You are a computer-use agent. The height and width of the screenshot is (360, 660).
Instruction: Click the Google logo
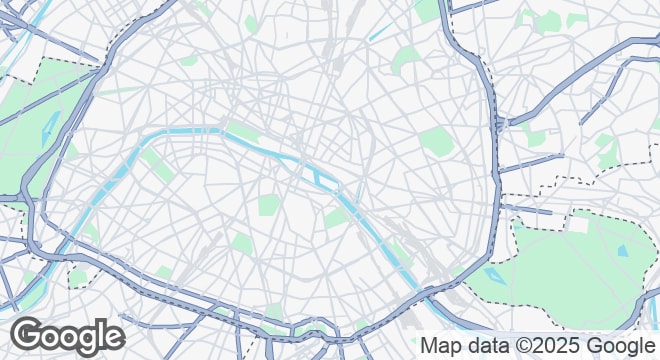(x=68, y=335)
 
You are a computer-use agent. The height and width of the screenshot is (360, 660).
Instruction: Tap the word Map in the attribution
(x=442, y=346)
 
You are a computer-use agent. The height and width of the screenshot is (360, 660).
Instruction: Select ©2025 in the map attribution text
(x=547, y=346)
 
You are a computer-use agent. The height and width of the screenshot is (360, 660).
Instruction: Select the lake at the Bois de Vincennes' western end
(x=493, y=272)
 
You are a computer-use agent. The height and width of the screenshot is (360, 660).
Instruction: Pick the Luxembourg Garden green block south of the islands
(x=268, y=206)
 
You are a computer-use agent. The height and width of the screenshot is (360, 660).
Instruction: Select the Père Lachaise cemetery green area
(x=437, y=140)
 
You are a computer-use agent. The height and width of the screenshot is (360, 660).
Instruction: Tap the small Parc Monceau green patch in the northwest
(x=189, y=59)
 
